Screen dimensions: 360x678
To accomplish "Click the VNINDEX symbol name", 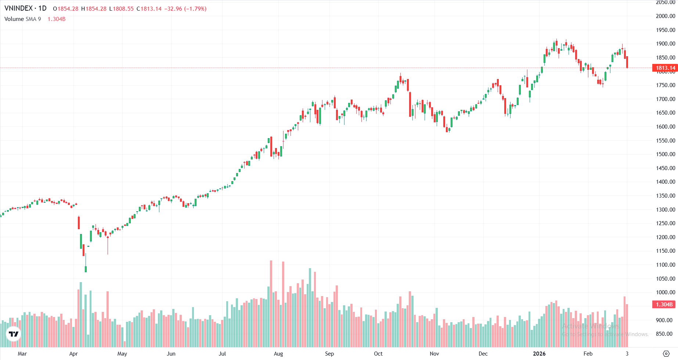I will click(18, 8).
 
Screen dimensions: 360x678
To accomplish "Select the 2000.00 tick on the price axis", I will click(665, 16).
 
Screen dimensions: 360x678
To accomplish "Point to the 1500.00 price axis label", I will click(665, 154).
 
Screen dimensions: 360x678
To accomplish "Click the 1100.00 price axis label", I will click(665, 265).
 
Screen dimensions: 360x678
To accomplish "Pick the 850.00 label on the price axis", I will click(665, 334).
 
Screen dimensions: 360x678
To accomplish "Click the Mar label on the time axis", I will click(22, 354).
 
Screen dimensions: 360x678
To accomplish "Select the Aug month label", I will click(278, 354).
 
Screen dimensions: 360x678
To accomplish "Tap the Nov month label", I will click(434, 354).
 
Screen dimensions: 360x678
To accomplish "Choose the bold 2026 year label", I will click(539, 354).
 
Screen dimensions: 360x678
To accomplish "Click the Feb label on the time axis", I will click(588, 354).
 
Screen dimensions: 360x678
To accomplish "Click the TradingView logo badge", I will click(14, 334).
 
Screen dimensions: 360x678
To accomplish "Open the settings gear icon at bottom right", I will click(666, 354).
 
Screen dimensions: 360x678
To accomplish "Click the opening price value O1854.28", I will click(66, 9).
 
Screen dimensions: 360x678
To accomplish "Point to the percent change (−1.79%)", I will click(195, 9).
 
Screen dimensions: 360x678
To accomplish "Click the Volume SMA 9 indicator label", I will click(23, 19).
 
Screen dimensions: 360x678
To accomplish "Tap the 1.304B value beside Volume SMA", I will click(57, 19).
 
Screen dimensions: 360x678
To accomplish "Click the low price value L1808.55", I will click(122, 9).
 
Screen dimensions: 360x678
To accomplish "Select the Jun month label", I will click(171, 354).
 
